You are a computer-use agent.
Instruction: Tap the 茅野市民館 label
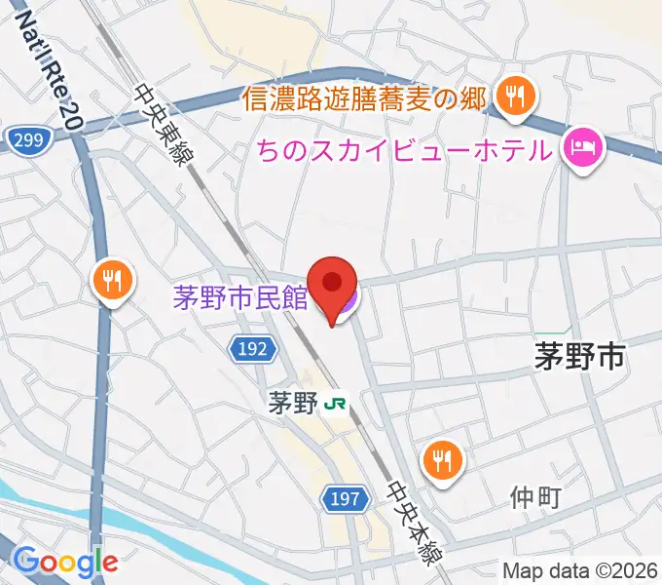tap(240, 296)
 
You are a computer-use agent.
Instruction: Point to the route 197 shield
tap(346, 500)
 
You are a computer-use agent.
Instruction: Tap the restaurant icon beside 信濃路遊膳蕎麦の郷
tap(511, 96)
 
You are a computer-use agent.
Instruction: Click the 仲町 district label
tap(535, 498)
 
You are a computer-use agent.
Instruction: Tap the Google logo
tap(66, 561)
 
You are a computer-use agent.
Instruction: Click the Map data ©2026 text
tap(580, 570)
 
